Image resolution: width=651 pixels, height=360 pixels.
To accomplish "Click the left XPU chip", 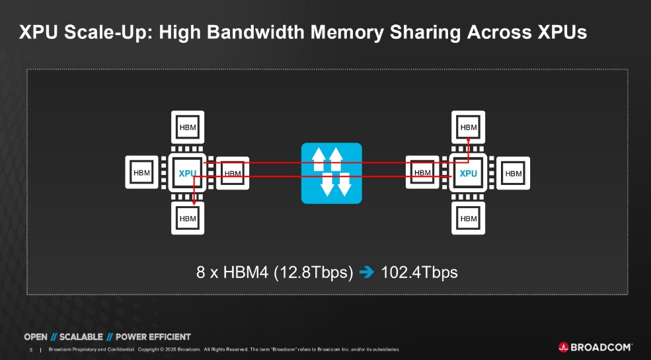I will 188,173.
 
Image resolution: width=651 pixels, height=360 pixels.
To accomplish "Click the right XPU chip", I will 468,173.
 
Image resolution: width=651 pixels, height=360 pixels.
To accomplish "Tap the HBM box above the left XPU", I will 188,127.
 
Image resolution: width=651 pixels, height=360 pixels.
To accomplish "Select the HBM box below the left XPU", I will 188,218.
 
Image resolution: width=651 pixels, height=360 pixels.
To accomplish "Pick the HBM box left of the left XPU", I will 142,173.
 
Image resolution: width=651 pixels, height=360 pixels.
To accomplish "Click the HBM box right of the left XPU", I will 233,173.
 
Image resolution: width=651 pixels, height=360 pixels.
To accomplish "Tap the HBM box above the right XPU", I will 468,127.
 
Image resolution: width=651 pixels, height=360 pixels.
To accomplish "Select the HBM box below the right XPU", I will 468,218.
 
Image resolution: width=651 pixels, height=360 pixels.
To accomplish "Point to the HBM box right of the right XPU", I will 514,173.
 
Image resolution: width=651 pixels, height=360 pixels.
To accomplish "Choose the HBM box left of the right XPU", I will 422,173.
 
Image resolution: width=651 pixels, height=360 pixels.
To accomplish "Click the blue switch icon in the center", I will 332,173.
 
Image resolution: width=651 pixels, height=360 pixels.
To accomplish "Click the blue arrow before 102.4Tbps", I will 369,272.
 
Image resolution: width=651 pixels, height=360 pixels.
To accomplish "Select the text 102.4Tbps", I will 419,272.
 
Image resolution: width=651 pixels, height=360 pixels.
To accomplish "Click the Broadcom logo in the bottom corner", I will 595,347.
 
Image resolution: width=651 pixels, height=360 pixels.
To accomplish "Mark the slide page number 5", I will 31,349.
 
